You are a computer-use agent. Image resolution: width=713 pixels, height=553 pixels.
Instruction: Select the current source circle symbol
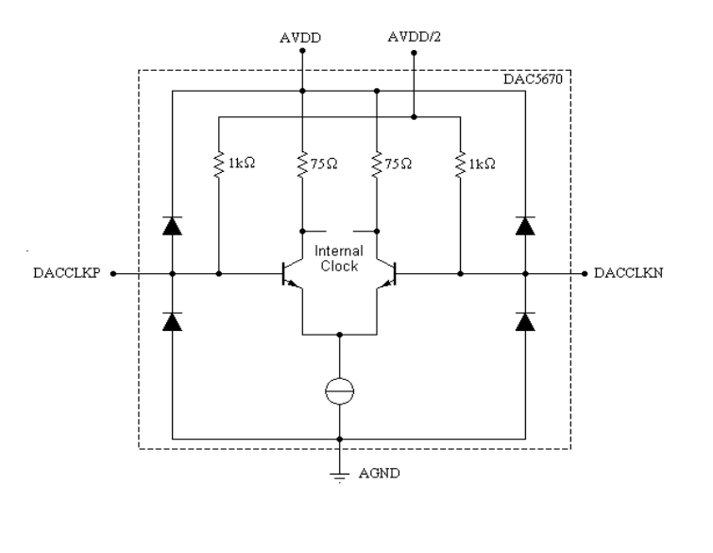coord(339,389)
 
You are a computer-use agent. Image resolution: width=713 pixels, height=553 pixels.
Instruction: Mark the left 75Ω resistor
coord(301,164)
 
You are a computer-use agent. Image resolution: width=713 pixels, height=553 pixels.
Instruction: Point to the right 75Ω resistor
coord(377,164)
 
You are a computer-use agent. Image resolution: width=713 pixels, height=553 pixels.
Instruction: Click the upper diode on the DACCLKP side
coord(172,225)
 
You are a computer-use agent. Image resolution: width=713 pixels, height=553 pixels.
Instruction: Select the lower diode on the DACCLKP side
coord(172,321)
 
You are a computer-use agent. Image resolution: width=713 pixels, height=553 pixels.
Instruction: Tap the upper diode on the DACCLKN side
coord(526,225)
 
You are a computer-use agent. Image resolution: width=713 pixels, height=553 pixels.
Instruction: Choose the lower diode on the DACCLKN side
coord(526,321)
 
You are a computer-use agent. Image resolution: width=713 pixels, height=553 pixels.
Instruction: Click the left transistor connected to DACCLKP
coord(292,274)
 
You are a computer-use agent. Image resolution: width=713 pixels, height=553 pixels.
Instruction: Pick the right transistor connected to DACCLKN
coord(386,274)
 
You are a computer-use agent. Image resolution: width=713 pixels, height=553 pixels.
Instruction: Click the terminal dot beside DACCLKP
coord(114,274)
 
